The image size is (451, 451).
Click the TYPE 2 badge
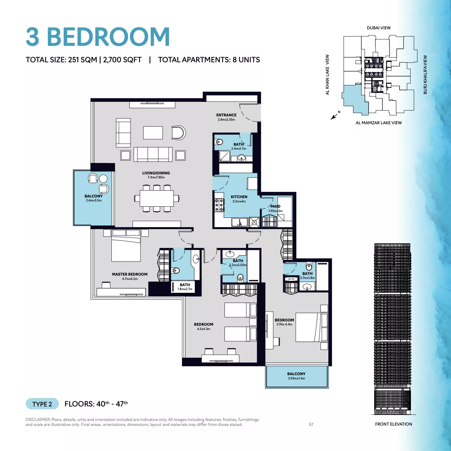(42, 404)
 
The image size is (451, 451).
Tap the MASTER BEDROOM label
(130, 274)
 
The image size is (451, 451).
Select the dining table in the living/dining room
(157, 198)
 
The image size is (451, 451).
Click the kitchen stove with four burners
(220, 205)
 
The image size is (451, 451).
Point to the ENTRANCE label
(226, 115)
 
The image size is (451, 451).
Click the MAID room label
(275, 206)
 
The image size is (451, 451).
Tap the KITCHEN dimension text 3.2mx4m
(239, 201)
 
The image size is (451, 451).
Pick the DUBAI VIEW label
(379, 28)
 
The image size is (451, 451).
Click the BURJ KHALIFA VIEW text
(425, 75)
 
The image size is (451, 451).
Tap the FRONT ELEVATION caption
(393, 424)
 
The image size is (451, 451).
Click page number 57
(311, 424)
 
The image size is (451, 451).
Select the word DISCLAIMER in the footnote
(38, 420)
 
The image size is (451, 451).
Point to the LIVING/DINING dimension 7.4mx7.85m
(156, 177)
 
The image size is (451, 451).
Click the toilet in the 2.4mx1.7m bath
(219, 142)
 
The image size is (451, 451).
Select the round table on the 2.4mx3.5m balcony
(103, 179)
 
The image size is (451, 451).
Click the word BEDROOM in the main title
(108, 37)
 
